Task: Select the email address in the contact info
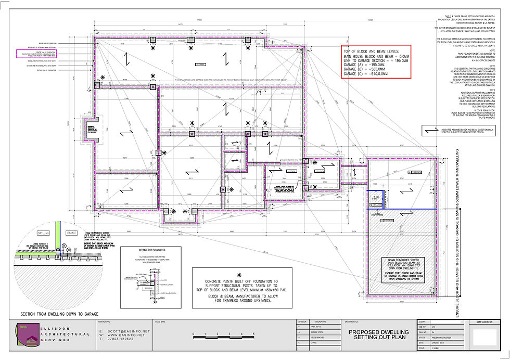pos(124,331)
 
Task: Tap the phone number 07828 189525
pos(124,340)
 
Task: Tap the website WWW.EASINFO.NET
pos(126,336)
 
